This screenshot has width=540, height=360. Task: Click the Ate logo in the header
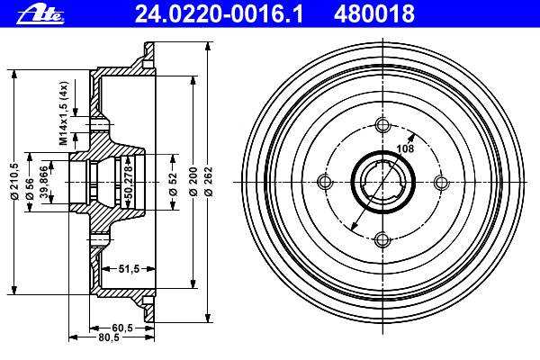click(x=40, y=14)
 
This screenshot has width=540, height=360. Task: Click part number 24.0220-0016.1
click(x=219, y=14)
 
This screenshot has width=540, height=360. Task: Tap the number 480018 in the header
click(x=374, y=14)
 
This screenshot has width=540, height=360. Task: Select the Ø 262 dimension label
click(x=209, y=182)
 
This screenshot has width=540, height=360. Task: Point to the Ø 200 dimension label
click(x=193, y=182)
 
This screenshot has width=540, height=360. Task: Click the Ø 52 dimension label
click(x=173, y=184)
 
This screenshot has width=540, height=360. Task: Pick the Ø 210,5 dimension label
click(x=15, y=182)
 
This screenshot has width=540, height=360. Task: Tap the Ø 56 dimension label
click(x=30, y=188)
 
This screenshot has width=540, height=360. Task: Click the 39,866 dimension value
click(x=44, y=182)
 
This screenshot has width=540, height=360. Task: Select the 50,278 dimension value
click(x=129, y=182)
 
